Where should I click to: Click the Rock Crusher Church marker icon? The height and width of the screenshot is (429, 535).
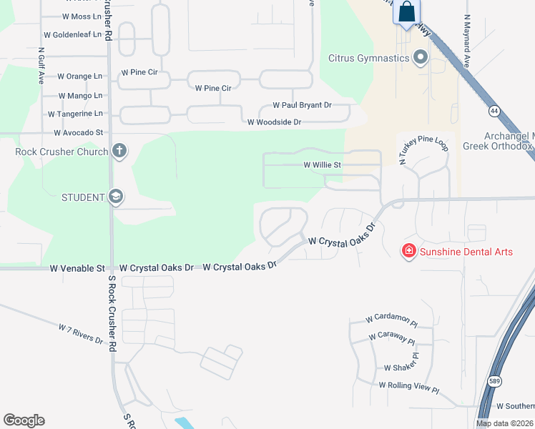(x=119, y=151)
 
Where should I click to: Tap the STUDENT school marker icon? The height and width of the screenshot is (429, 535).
(x=115, y=197)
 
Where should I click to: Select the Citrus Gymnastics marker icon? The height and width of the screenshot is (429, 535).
(x=420, y=57)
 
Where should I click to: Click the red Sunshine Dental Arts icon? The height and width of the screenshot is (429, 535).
(x=408, y=251)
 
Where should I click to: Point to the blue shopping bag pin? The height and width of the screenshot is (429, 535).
(x=406, y=13)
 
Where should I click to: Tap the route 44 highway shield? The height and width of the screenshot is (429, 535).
(x=494, y=111)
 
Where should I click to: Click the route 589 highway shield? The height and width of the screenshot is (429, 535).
(x=494, y=381)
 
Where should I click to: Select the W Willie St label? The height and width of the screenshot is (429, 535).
(x=323, y=164)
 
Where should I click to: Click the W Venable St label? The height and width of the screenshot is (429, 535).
(x=77, y=268)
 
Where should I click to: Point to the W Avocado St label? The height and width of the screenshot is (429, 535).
(x=79, y=132)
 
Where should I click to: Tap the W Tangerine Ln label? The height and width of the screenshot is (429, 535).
(x=75, y=114)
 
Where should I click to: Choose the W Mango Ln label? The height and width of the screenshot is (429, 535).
(x=81, y=95)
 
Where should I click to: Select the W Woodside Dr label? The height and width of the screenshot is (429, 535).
(x=274, y=122)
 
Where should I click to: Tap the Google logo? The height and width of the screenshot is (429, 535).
(x=24, y=420)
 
